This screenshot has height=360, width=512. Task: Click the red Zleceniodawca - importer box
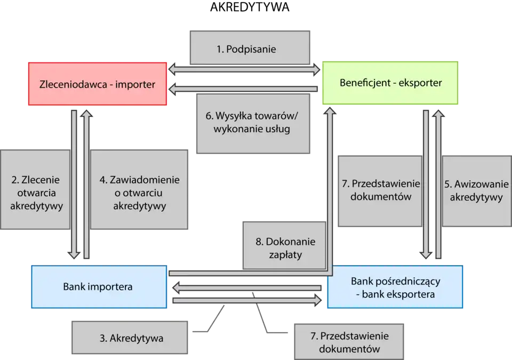click(98, 84)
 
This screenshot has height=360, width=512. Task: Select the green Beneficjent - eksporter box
click(390, 83)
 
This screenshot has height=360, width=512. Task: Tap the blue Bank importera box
click(99, 286)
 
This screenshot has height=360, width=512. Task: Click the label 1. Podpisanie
click(250, 49)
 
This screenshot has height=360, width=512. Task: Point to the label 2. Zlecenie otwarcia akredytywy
click(36, 193)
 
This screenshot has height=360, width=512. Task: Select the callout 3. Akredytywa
click(131, 338)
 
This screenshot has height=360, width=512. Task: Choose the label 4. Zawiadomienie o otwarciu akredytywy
click(139, 193)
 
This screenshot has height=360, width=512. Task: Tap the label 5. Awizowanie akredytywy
click(476, 191)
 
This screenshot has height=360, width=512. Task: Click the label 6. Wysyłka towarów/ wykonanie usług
click(253, 123)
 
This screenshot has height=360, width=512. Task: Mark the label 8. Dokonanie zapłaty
click(285, 248)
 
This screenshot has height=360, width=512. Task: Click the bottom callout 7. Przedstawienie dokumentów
click(350, 342)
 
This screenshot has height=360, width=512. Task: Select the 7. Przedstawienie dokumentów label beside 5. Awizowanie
click(380, 190)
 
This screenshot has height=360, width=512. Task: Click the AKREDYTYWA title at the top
click(250, 7)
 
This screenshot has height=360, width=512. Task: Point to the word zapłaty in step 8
click(285, 255)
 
